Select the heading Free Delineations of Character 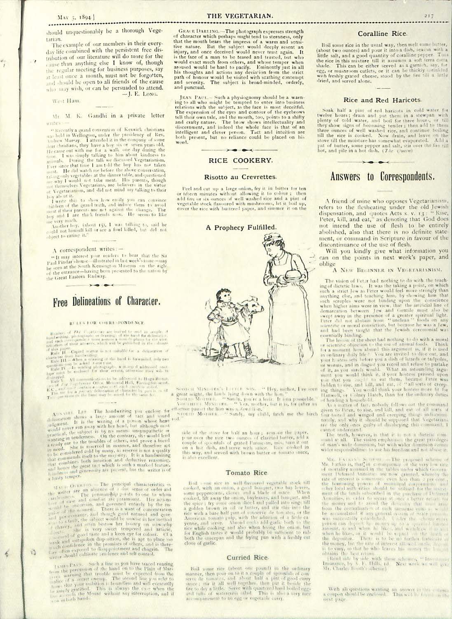pyautogui.click(x=106, y=302)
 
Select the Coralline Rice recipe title pyautogui.click(x=382, y=34)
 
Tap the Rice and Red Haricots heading pyautogui.click(x=382, y=100)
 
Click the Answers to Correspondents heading pyautogui.click(x=382, y=177)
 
